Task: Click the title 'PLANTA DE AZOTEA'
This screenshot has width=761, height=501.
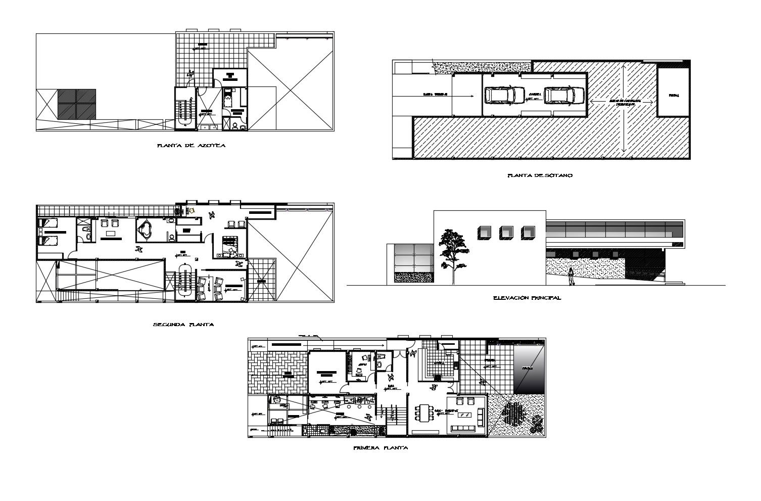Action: pyautogui.click(x=191, y=146)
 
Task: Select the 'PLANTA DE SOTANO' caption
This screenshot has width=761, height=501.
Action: pyautogui.click(x=539, y=176)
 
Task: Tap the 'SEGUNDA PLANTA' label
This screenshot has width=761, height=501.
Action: pyautogui.click(x=183, y=325)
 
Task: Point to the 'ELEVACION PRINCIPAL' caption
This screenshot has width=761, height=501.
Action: pyautogui.click(x=527, y=298)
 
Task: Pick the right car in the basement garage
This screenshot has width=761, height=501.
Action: pyautogui.click(x=563, y=95)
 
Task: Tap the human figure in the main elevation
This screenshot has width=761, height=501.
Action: pyautogui.click(x=572, y=276)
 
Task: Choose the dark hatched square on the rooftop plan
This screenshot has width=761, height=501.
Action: pyautogui.click(x=76, y=105)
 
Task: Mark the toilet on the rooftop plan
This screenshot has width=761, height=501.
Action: pyautogui.click(x=236, y=126)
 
